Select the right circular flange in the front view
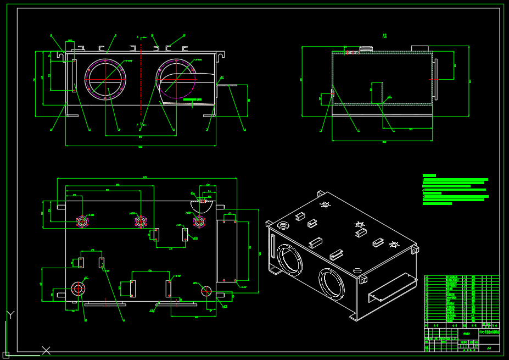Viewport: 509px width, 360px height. (x=176, y=78)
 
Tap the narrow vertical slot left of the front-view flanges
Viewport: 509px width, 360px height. (x=74, y=76)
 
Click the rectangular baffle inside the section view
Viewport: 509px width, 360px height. (x=378, y=93)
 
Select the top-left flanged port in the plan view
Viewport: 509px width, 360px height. (x=82, y=221)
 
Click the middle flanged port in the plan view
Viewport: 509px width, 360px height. (x=141, y=221)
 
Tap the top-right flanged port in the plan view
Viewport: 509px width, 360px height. (x=199, y=221)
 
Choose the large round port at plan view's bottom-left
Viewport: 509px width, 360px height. (x=78, y=289)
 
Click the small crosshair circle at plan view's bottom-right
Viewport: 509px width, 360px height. (x=206, y=291)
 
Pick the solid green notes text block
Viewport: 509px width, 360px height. (x=454, y=190)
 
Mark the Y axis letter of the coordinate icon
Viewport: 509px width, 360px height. (x=9, y=315)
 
